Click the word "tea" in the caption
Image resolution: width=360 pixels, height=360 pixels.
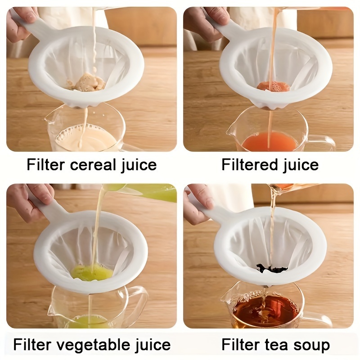click(273, 345)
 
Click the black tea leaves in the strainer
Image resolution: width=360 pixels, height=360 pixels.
click(272, 269)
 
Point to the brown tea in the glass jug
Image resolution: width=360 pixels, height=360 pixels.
click(265, 310)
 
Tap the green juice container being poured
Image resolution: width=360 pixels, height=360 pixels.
click(148, 192)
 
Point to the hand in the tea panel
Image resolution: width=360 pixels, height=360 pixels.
click(198, 202)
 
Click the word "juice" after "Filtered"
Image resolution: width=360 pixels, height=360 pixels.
click(300, 165)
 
